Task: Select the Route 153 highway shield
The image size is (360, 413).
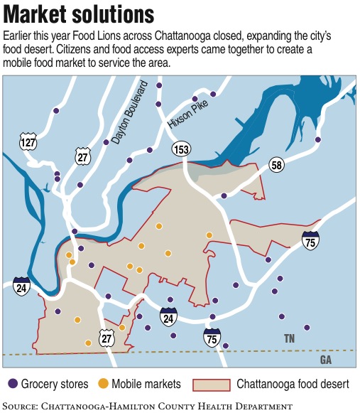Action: (x=180, y=149)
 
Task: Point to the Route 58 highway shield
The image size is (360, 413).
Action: (x=277, y=166)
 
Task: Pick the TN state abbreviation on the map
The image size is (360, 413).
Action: (x=289, y=338)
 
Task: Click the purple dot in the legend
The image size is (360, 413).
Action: (x=12, y=384)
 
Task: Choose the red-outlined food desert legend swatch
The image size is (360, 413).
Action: (x=213, y=384)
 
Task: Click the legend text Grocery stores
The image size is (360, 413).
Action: (x=55, y=384)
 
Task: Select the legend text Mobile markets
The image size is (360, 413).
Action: (x=146, y=384)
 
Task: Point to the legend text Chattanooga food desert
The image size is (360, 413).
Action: (x=293, y=384)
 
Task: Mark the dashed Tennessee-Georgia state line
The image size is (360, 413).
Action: (x=178, y=352)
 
